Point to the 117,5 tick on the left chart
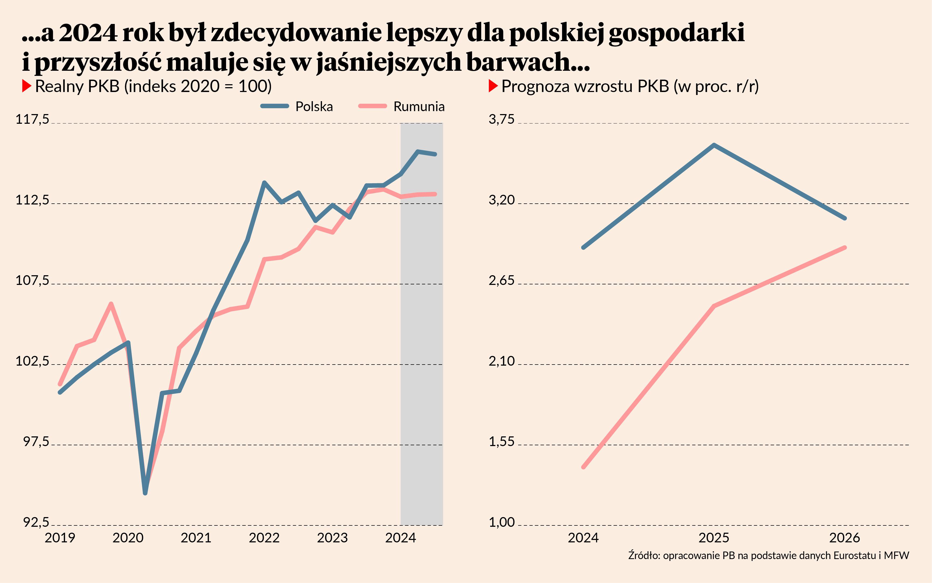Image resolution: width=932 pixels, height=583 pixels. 32,119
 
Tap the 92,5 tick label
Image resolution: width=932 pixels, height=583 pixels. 36,522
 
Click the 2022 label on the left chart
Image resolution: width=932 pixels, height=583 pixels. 264,538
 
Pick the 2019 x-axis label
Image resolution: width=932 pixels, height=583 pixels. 60,538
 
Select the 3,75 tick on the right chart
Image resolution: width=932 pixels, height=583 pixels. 501,119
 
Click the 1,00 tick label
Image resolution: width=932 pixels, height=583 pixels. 501,522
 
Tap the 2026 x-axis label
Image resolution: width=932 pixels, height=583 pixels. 845,538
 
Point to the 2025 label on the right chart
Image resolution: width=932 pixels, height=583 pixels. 714,538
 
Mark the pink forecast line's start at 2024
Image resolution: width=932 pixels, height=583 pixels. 583,467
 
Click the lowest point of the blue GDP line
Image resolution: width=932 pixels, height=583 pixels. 145,493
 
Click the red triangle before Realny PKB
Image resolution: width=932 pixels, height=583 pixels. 26,86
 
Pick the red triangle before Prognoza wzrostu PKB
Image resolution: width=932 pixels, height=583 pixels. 493,86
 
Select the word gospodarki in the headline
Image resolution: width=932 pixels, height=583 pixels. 676,33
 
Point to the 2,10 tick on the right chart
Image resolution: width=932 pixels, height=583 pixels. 501,361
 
